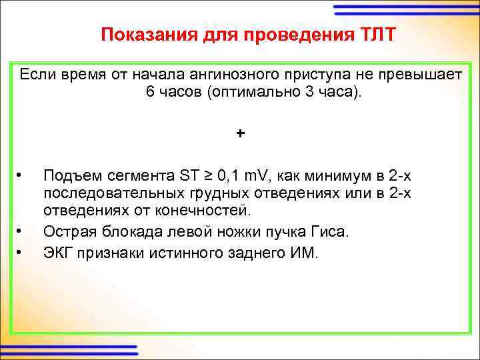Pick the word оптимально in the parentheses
click(251, 91)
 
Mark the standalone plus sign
click(240, 133)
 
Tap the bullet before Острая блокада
click(21, 231)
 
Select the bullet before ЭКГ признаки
click(21, 252)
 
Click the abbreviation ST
click(189, 177)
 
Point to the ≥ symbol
click(209, 177)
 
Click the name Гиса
click(333, 231)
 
